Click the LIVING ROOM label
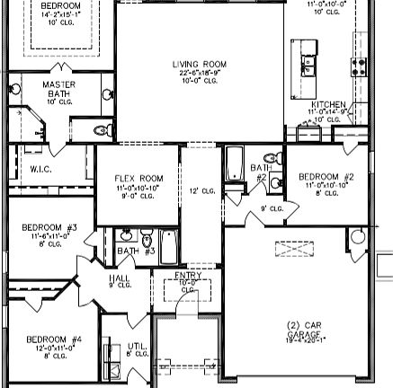[200, 65]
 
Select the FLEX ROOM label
[138, 179]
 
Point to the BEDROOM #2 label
[326, 177]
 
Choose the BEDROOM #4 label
[54, 339]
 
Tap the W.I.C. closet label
[40, 168]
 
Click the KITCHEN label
[328, 105]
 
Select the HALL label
[120, 279]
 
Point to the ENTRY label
[188, 277]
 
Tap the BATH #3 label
[136, 251]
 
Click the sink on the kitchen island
[307, 65]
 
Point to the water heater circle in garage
[358, 237]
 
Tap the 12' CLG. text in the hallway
[201, 190]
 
